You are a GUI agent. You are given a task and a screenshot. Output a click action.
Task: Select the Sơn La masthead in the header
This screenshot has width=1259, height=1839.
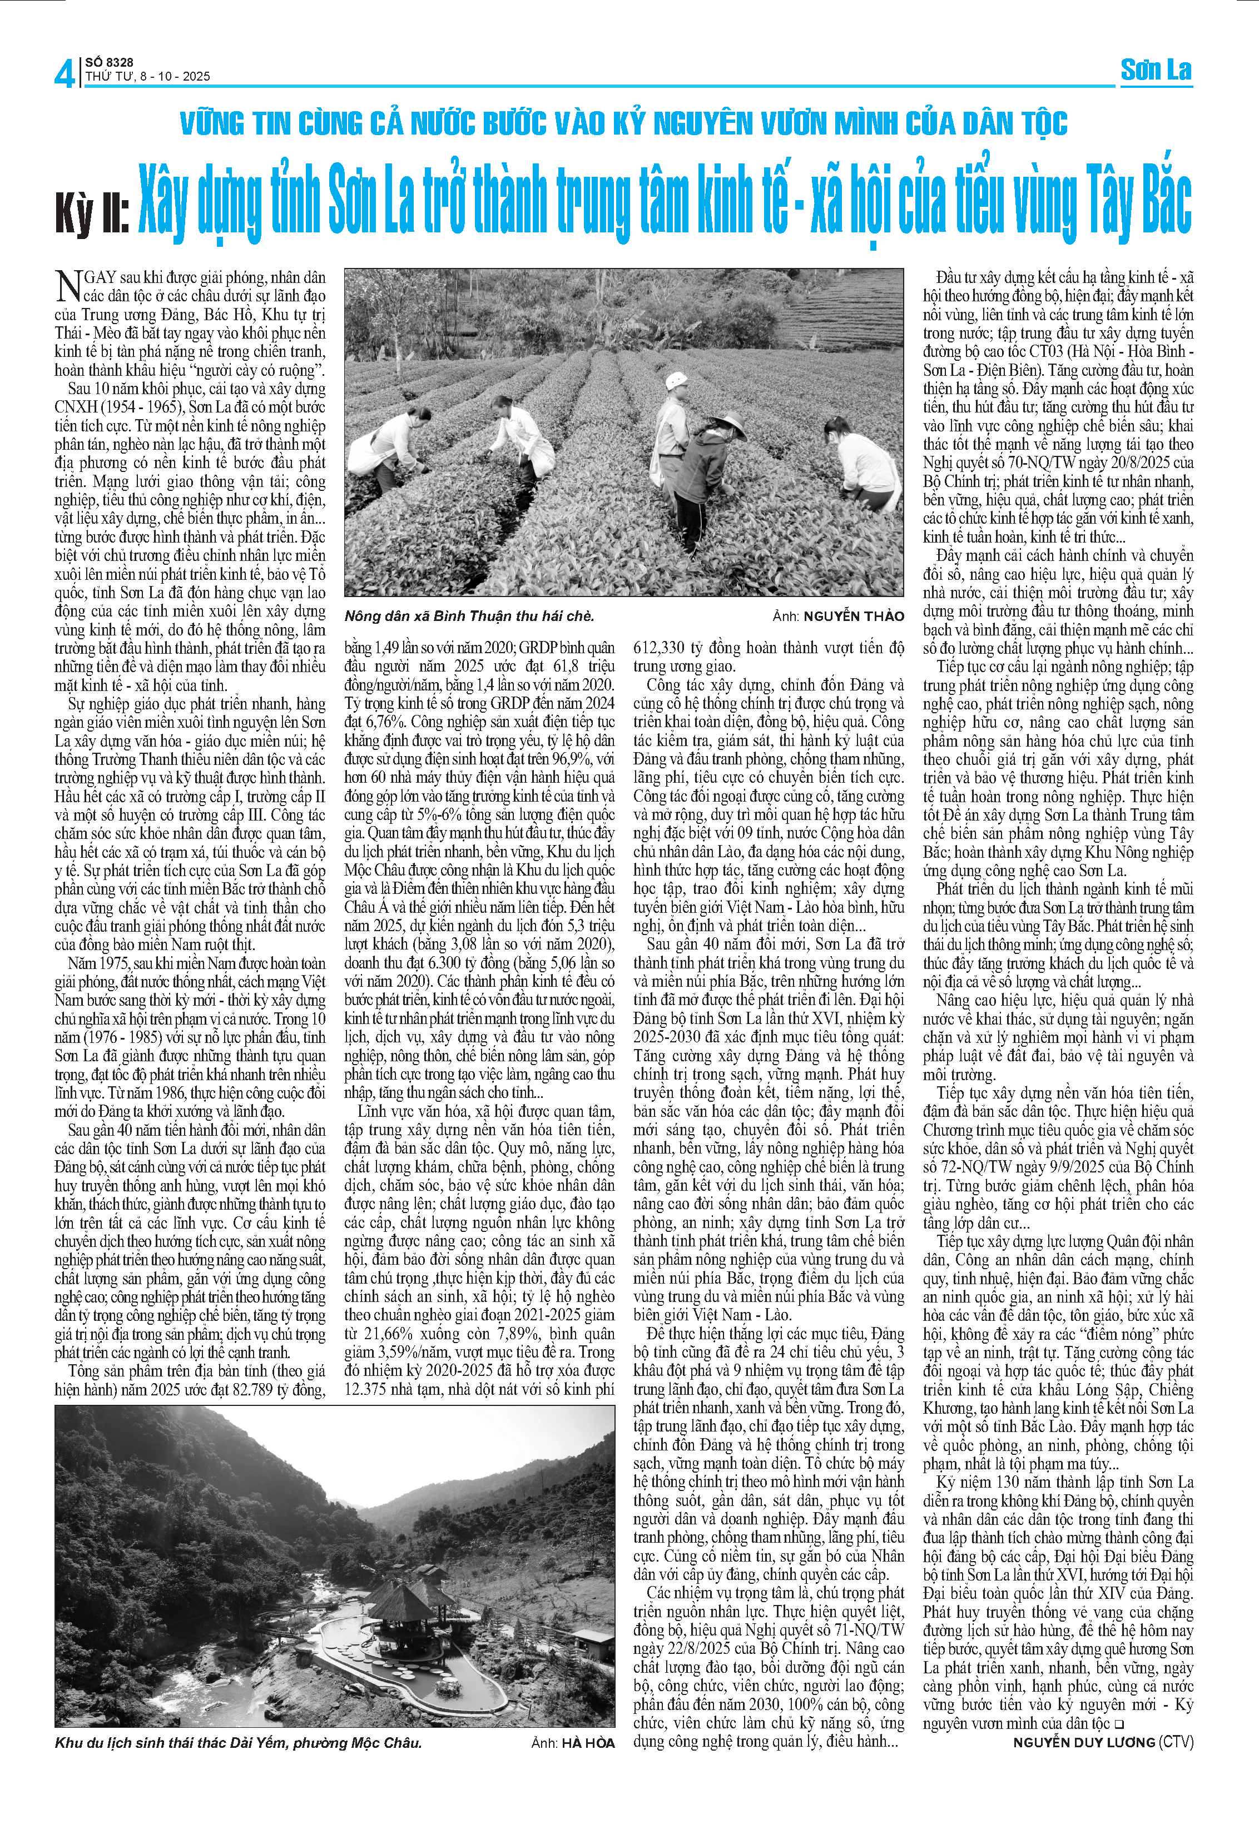click(1156, 71)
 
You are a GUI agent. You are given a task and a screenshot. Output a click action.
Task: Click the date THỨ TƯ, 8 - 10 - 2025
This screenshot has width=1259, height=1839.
click(148, 77)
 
